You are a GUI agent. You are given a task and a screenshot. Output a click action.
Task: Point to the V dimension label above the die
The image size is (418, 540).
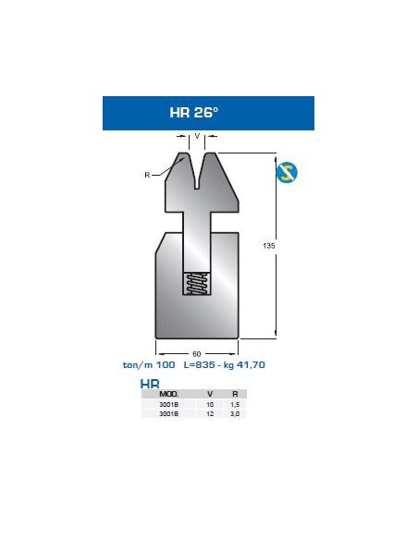point(198,135)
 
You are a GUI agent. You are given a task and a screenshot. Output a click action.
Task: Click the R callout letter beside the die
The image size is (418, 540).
point(147,172)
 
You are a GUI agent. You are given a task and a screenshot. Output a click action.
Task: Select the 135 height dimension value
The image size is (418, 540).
point(269,246)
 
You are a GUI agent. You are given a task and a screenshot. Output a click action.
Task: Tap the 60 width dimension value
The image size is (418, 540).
point(197,353)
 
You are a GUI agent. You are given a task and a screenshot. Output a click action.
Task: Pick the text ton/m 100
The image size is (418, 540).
point(149,364)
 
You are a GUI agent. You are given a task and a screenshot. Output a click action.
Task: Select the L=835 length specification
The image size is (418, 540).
point(200,364)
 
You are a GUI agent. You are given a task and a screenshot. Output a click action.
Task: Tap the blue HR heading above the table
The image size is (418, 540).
point(148,384)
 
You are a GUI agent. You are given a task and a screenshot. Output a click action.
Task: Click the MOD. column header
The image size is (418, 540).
point(169,394)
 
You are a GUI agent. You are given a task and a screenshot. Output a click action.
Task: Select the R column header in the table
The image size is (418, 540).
point(234,394)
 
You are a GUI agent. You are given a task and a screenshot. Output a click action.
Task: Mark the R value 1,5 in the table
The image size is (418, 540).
point(234,404)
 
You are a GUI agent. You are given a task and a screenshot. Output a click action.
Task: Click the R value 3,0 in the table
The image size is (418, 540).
point(234,414)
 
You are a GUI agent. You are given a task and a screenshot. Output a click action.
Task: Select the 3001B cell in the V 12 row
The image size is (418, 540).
point(169,414)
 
